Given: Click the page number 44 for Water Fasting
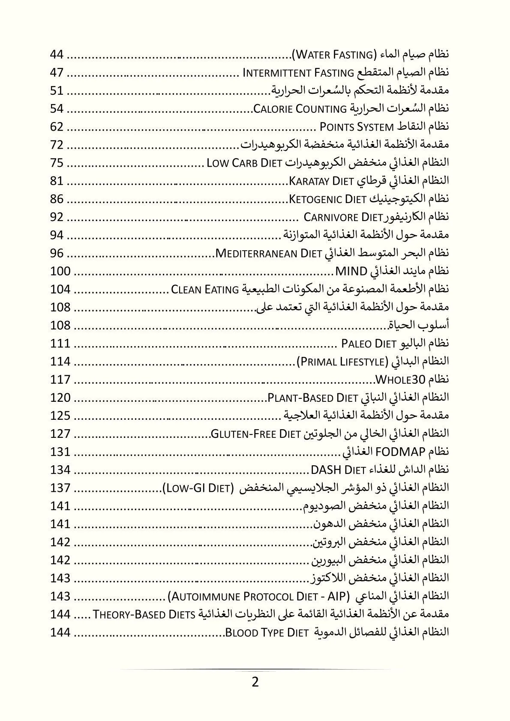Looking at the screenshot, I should pos(57,55).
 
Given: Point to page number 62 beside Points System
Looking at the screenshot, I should pos(57,127).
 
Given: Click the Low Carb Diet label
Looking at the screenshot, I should pos(244,163).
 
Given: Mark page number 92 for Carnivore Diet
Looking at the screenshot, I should pos(57,217).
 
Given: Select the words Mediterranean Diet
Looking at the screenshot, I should pos(269,254).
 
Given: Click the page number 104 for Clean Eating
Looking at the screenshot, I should pos(60,290).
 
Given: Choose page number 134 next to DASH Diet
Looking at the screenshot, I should pos(60,470).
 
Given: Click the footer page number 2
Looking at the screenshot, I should pos(255,682).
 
